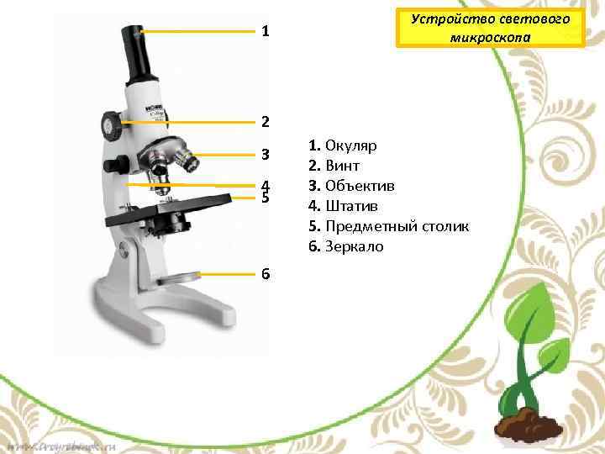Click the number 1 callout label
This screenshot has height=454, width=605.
point(265,32)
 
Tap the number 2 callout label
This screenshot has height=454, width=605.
point(265,122)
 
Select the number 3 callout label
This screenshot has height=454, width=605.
point(265,155)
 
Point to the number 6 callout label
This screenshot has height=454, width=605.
point(265,273)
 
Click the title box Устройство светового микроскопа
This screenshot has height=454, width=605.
point(490,28)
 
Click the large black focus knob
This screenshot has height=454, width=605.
point(113,125)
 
